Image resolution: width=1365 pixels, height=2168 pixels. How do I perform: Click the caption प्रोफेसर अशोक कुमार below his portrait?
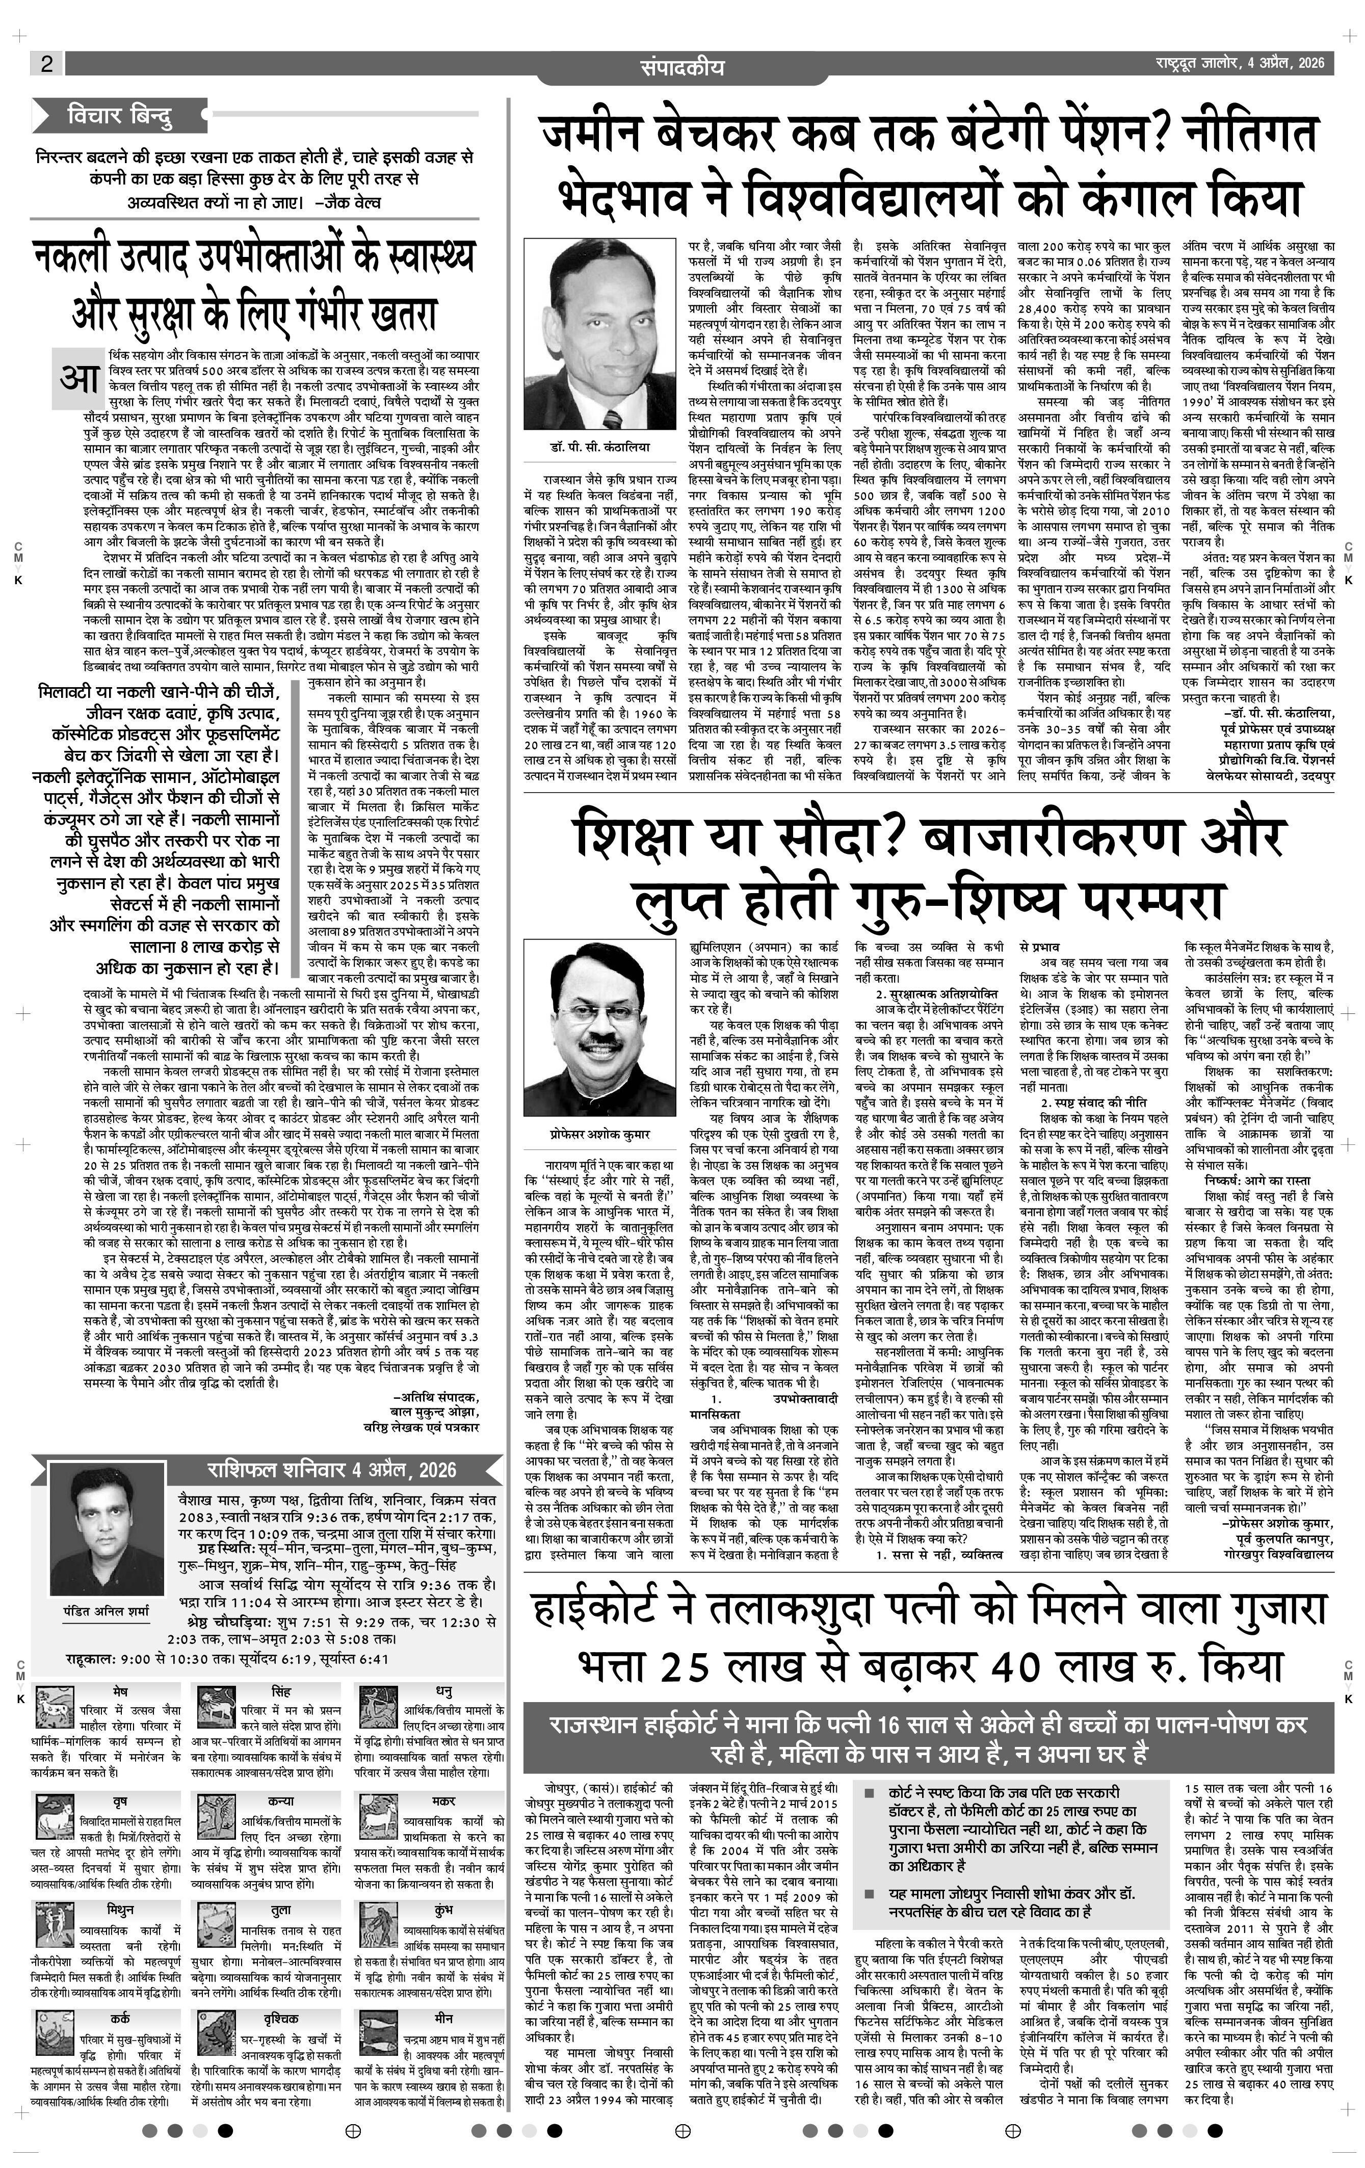[x=589, y=1134]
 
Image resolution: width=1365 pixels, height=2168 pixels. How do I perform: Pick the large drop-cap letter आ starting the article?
[x=79, y=375]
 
